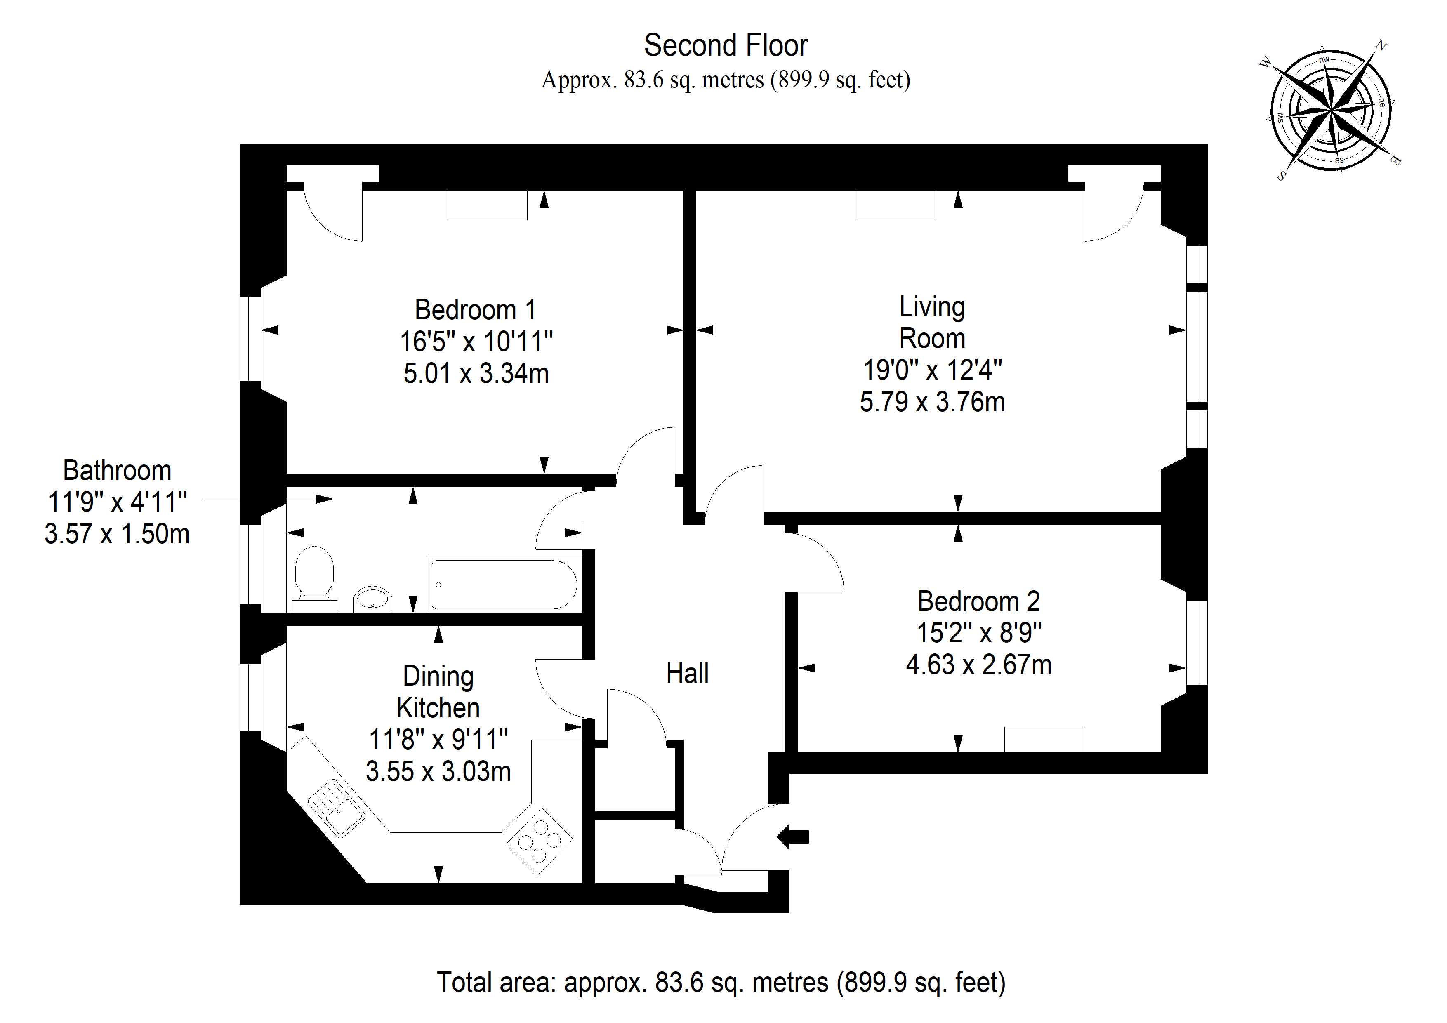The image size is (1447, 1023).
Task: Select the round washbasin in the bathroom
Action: [372, 599]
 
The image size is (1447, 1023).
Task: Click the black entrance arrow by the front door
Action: [792, 837]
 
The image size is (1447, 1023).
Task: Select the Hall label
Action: [688, 673]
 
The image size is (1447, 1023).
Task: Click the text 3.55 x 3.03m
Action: [438, 771]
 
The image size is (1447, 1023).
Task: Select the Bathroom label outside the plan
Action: [117, 471]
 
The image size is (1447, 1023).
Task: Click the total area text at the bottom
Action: [721, 983]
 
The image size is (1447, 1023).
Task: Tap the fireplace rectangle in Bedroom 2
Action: [1045, 739]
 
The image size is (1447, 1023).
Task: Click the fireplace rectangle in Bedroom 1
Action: [487, 205]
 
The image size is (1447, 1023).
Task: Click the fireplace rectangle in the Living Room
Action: [897, 205]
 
